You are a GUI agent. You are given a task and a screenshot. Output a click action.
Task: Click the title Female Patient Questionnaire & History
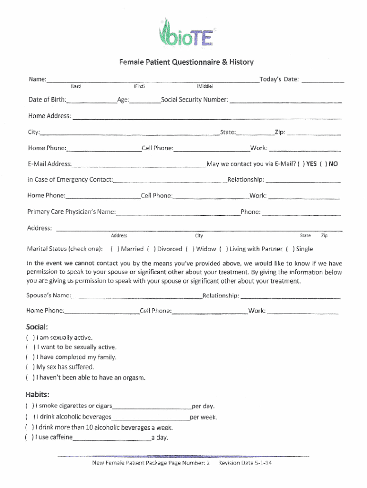[186, 62]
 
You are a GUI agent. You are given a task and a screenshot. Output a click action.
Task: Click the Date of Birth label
[47, 100]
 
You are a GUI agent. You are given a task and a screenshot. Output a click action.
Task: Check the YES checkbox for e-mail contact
[301, 164]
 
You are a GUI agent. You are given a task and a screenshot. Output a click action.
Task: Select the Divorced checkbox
[151, 249]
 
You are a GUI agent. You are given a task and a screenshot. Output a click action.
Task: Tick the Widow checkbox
[190, 249]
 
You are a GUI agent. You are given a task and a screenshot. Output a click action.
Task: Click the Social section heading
[37, 327]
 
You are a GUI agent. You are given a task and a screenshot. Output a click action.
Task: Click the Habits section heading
[38, 395]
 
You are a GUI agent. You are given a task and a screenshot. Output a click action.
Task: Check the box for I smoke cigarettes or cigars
[30, 407]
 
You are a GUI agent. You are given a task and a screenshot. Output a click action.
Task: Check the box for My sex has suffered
[30, 367]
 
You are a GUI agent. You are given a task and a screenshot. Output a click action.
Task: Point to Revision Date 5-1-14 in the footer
[245, 463]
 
